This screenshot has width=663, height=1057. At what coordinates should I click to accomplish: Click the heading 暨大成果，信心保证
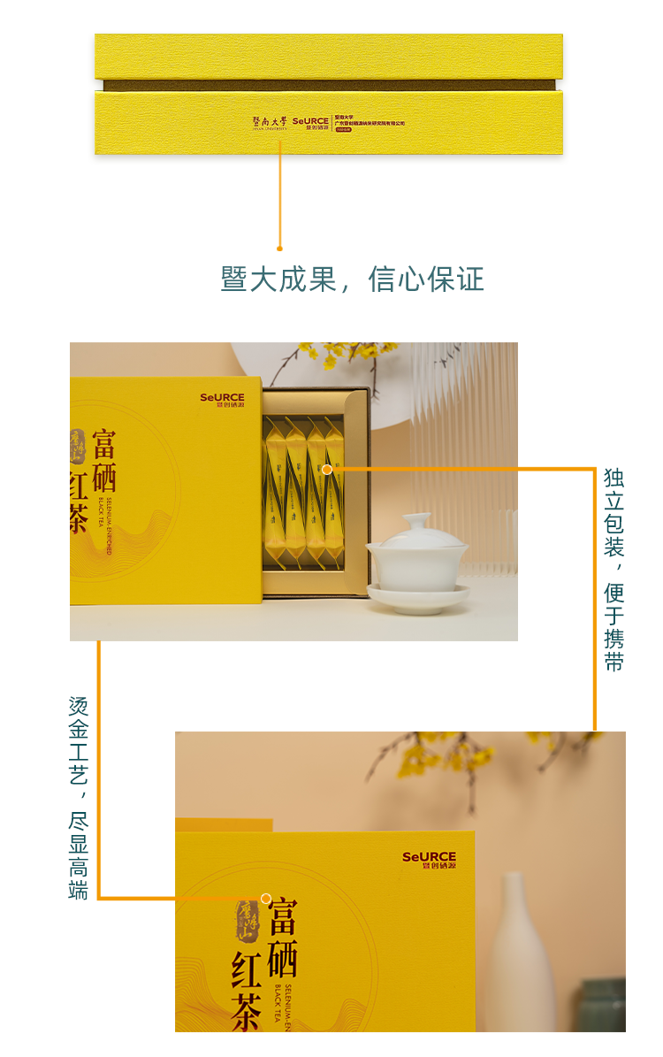point(352,280)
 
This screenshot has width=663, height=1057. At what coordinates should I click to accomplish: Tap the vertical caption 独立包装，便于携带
point(613,570)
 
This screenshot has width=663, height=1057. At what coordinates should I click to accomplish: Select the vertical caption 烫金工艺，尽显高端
point(79,799)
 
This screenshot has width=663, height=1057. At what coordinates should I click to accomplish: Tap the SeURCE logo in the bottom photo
point(429,860)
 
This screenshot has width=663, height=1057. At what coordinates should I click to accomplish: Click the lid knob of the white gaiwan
point(416,521)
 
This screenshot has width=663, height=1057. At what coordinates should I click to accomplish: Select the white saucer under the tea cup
point(418,597)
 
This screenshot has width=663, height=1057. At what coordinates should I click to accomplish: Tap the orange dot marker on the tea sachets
point(327,469)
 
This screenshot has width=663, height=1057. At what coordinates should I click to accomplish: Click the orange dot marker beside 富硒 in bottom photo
point(266,899)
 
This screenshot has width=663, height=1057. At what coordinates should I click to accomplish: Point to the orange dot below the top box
point(280,249)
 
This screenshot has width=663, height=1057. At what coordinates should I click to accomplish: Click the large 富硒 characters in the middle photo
point(103,461)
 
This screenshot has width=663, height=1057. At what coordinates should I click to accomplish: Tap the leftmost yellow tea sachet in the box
point(274,492)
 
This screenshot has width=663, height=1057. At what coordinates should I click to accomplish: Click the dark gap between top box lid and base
point(329,86)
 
